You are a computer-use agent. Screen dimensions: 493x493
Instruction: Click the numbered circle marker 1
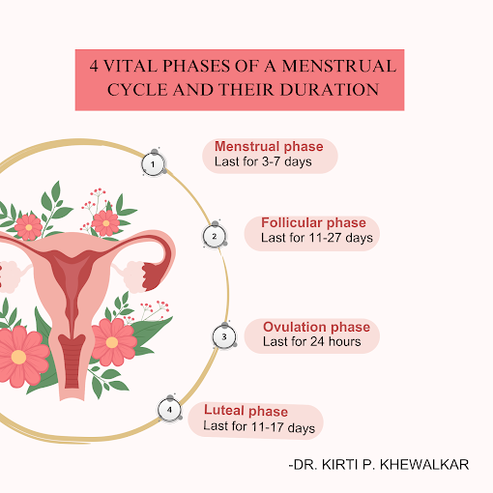tap(154, 164)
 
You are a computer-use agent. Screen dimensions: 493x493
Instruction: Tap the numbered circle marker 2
tap(215, 236)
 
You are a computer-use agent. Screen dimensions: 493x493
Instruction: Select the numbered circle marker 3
tap(224, 336)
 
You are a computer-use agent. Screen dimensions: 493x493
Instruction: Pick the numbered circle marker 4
tap(169, 410)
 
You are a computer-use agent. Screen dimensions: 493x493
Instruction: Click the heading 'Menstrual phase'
tap(269, 147)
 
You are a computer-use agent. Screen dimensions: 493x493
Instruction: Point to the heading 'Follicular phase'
tap(313, 222)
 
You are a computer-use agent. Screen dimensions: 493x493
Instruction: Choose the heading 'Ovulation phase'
tap(316, 327)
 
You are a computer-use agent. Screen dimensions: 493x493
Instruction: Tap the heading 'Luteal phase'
tap(246, 411)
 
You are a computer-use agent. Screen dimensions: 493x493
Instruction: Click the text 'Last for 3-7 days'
tap(263, 161)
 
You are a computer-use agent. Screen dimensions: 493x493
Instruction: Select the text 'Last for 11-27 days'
tap(317, 238)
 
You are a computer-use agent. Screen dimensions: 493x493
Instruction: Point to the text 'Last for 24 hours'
tap(312, 341)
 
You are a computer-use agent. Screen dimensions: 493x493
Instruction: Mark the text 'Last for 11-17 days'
tap(259, 426)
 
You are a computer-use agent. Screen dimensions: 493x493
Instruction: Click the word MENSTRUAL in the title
tap(339, 66)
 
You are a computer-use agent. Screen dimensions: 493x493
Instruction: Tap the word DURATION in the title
tap(330, 90)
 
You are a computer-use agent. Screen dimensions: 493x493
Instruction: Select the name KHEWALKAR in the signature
tap(424, 465)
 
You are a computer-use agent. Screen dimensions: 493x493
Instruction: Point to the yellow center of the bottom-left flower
tap(18, 357)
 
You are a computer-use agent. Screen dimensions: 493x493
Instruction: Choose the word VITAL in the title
tap(130, 66)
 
